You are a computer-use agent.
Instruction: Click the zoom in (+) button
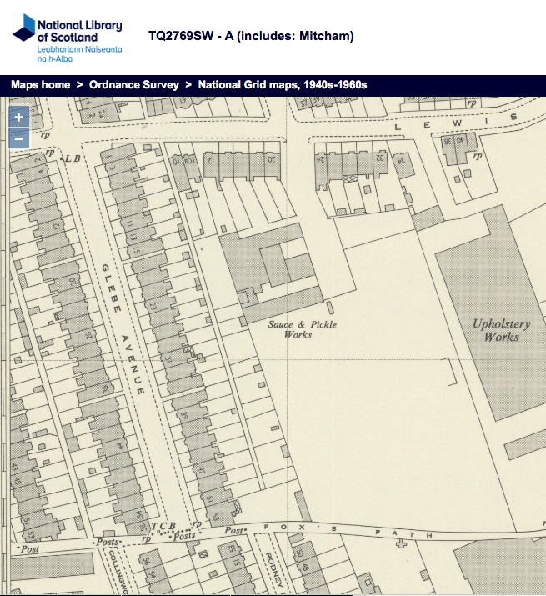pyautogui.click(x=18, y=118)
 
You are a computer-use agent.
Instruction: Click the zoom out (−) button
pyautogui.click(x=18, y=138)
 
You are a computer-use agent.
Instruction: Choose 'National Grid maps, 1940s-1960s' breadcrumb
pyautogui.click(x=283, y=85)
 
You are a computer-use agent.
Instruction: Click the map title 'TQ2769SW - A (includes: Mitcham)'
pyautogui.click(x=251, y=36)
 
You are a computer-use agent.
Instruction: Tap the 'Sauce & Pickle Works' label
pyautogui.click(x=302, y=329)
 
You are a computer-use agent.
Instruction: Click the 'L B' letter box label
pyautogui.click(x=73, y=158)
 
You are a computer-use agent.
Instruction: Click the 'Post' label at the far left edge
pyautogui.click(x=31, y=550)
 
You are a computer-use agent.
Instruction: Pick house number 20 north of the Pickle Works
pyautogui.click(x=269, y=158)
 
